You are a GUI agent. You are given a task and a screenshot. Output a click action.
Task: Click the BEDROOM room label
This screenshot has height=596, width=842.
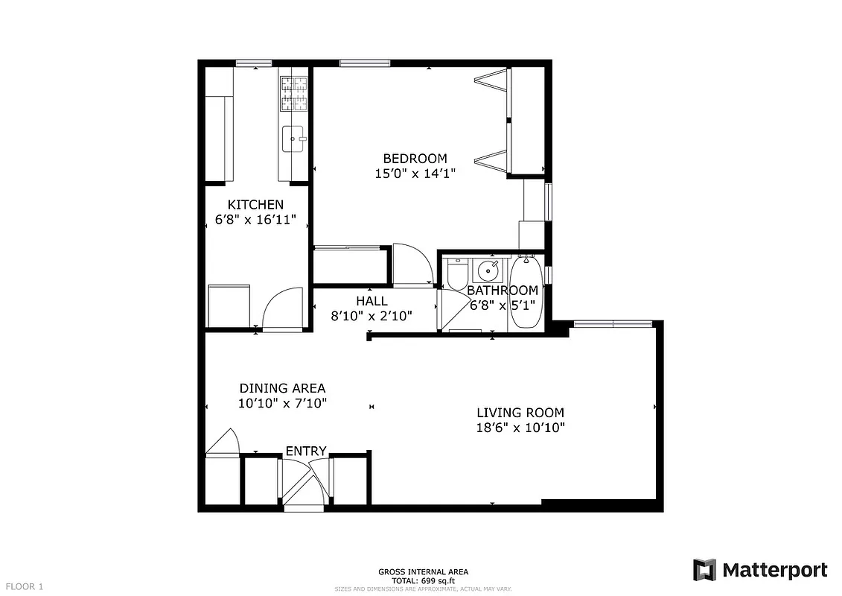tap(415, 158)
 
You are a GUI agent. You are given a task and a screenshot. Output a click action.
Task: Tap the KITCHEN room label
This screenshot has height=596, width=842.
tap(255, 205)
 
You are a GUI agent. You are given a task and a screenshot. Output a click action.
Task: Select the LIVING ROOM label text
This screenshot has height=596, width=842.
tap(520, 413)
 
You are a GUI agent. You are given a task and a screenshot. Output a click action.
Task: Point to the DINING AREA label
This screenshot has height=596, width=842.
tap(282, 388)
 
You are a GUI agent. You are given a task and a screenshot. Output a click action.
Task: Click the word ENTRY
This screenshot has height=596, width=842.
tap(306, 451)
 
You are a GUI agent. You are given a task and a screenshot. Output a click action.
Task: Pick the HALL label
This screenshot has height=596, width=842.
tap(371, 301)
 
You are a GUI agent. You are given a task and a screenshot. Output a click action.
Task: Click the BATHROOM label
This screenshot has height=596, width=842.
tap(503, 291)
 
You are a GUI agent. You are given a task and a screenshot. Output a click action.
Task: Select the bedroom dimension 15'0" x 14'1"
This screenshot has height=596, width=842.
tap(415, 174)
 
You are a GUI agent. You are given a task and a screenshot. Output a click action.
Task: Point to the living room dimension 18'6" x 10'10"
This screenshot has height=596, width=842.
tap(520, 428)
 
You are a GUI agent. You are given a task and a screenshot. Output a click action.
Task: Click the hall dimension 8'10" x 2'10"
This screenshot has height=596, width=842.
tap(371, 316)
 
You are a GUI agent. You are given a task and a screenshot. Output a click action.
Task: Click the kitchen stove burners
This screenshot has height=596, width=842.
tap(294, 93)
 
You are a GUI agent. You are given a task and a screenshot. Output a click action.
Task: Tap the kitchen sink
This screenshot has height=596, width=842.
tap(294, 139)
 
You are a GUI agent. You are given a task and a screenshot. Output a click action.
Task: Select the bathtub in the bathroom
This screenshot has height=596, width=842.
tap(527, 291)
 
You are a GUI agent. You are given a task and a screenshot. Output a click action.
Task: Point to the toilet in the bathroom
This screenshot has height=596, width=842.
tap(456, 274)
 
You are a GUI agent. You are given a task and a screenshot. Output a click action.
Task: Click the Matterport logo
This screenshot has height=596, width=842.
tap(759, 571)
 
